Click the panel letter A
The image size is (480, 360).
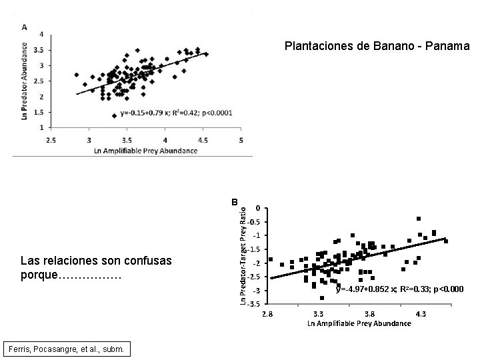(24, 27)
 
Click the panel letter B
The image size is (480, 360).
(234, 201)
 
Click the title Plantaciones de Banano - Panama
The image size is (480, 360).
(377, 47)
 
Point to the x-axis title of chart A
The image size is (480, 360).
(146, 150)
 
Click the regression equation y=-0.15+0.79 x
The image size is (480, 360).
(176, 113)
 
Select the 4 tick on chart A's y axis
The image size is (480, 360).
(43, 34)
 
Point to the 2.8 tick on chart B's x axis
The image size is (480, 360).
(267, 313)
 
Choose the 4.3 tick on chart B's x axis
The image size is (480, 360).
(421, 313)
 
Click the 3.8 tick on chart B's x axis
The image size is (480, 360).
(370, 313)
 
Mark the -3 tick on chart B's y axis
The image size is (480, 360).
(256, 291)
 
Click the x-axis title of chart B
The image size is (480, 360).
(359, 323)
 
